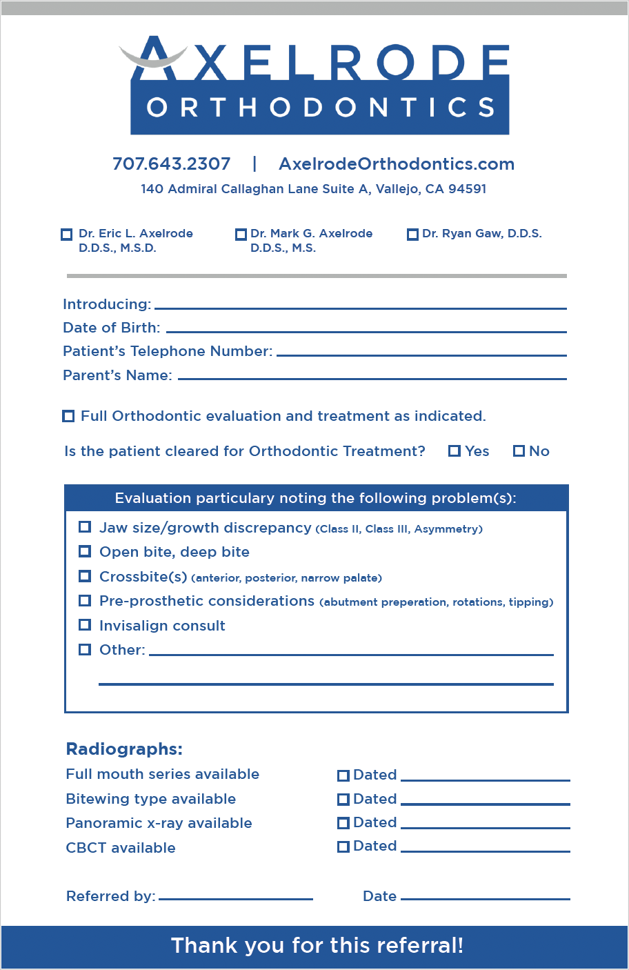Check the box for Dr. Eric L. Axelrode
[67, 235]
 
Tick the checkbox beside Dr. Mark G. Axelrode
[241, 235]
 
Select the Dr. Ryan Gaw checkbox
[412, 235]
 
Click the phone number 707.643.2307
[171, 164]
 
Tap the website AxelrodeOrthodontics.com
[397, 164]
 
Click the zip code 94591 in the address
[467, 189]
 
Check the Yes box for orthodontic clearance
[454, 451]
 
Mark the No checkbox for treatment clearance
[519, 451]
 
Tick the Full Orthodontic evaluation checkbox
[68, 416]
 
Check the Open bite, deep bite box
[85, 551]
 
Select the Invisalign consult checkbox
[85, 625]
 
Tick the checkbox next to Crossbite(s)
[85, 576]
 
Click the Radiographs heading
[124, 749]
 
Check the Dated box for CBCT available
[343, 847]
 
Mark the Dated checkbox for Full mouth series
[343, 775]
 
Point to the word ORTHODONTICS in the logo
[320, 108]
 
